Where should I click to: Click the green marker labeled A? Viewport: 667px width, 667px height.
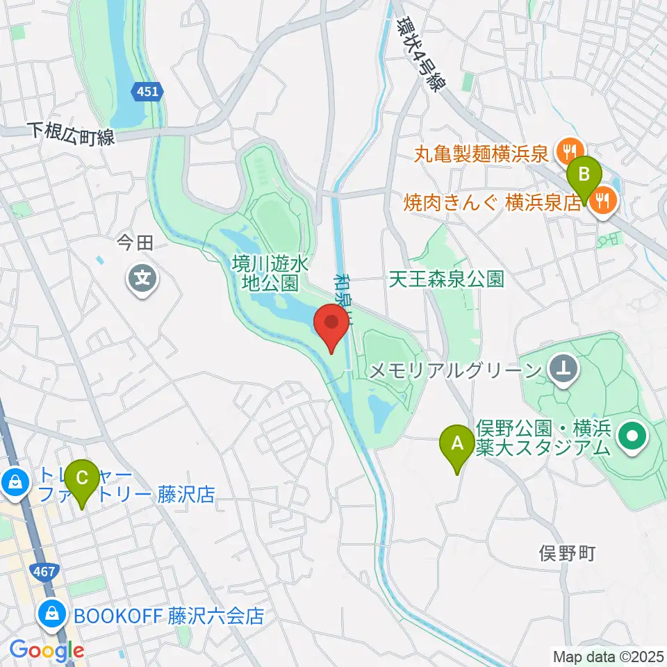coord(457,445)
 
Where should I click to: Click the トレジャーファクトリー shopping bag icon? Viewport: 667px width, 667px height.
coord(15,480)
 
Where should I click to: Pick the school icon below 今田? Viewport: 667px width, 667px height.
coord(143,279)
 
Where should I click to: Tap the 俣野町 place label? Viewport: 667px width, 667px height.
coord(568,553)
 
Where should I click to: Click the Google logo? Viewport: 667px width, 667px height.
coord(47,650)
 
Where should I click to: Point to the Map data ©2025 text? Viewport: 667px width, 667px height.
coord(609,656)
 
